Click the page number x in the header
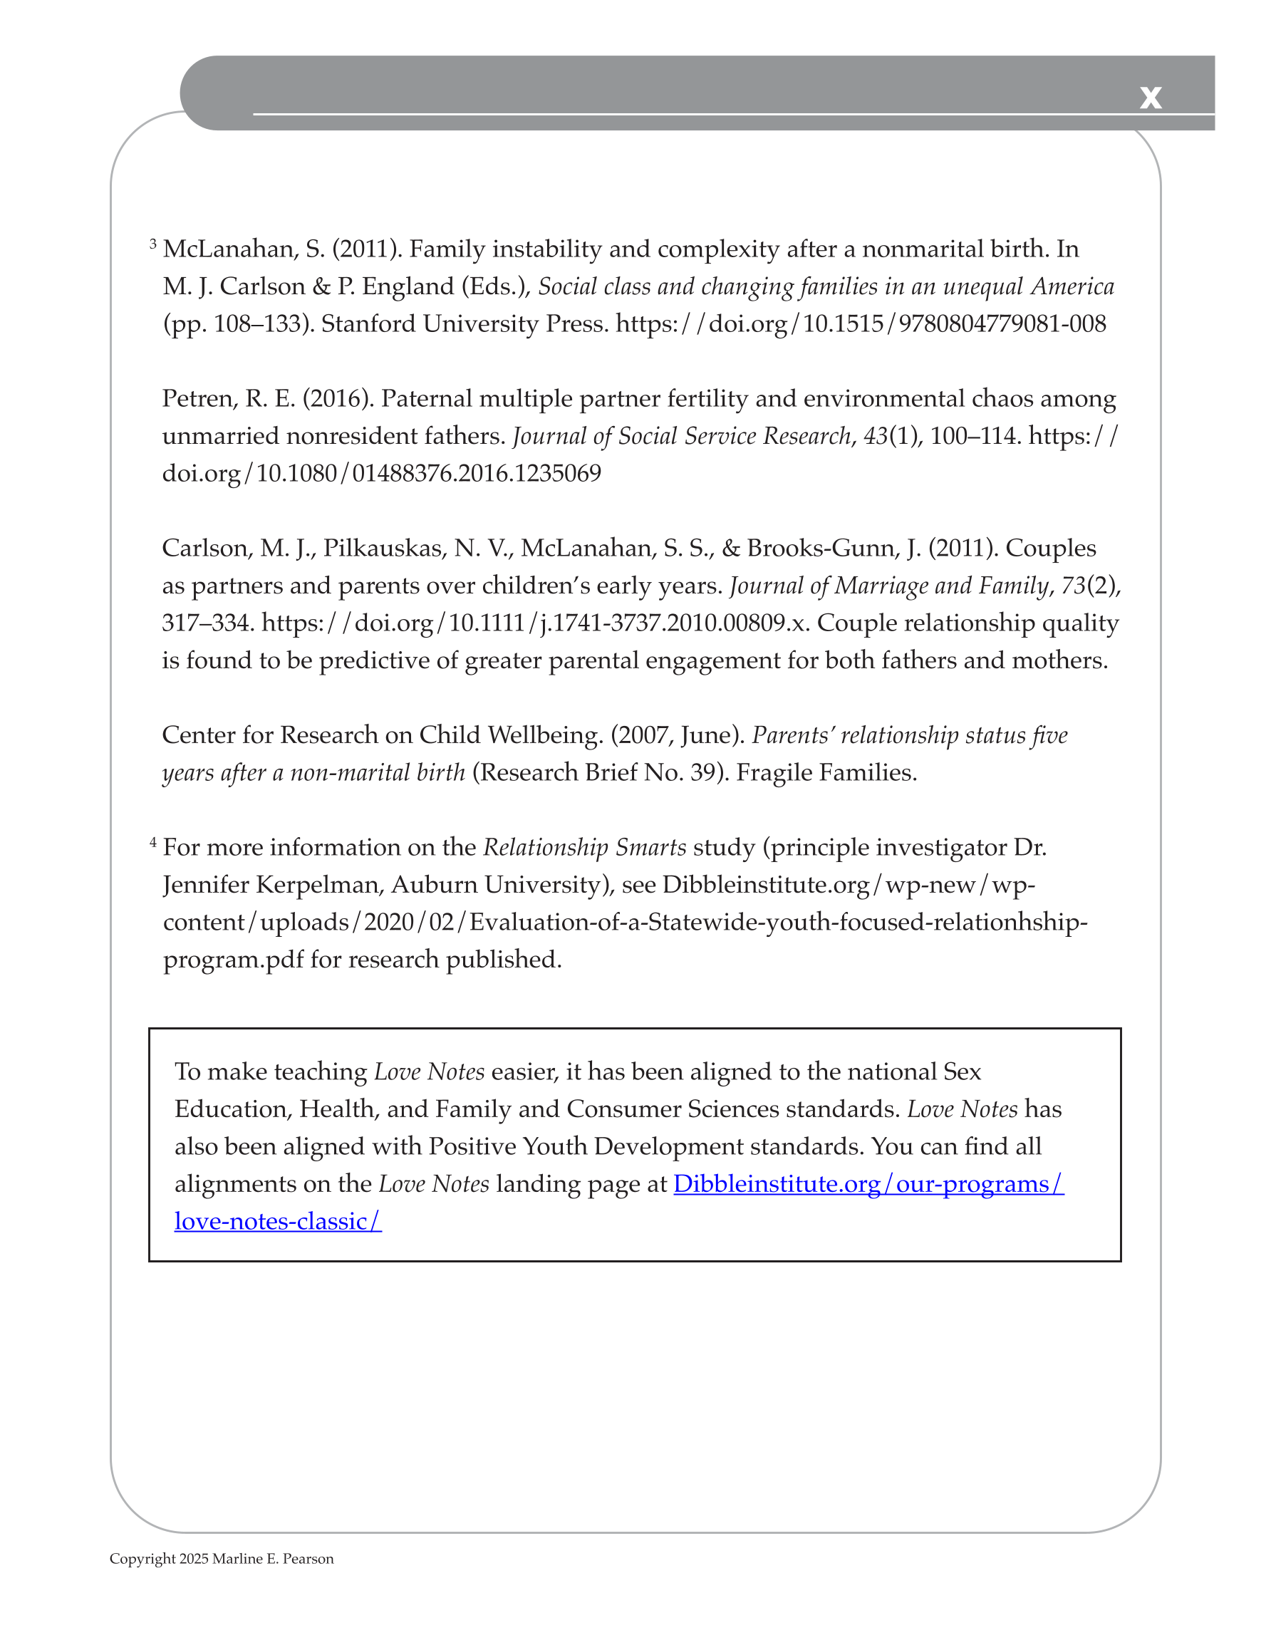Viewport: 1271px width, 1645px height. click(1150, 97)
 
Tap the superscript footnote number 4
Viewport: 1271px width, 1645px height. click(153, 841)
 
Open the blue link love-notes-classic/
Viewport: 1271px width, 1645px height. click(278, 1221)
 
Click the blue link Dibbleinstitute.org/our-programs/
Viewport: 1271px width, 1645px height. click(868, 1184)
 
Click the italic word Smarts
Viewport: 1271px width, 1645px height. click(650, 847)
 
